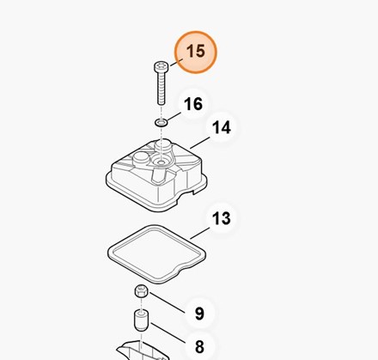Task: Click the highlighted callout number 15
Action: click(x=196, y=52)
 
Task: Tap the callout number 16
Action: click(x=193, y=104)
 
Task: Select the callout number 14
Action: click(x=222, y=127)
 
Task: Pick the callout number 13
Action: click(x=221, y=218)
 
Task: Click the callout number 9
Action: click(x=199, y=314)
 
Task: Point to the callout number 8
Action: click(x=199, y=346)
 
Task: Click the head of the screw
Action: click(x=160, y=66)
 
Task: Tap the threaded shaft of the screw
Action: click(x=162, y=88)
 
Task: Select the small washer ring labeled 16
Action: click(x=162, y=123)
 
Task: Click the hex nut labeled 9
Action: click(x=141, y=291)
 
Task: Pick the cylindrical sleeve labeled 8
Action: click(x=142, y=320)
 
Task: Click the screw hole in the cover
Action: click(x=162, y=163)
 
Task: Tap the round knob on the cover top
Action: click(x=140, y=158)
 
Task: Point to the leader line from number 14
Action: click(x=200, y=143)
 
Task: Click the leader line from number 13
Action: click(x=200, y=233)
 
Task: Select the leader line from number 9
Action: click(x=168, y=302)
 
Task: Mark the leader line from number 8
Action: click(x=168, y=333)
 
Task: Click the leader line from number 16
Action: click(x=174, y=117)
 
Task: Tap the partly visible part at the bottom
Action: click(x=143, y=351)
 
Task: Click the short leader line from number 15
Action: click(x=176, y=63)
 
